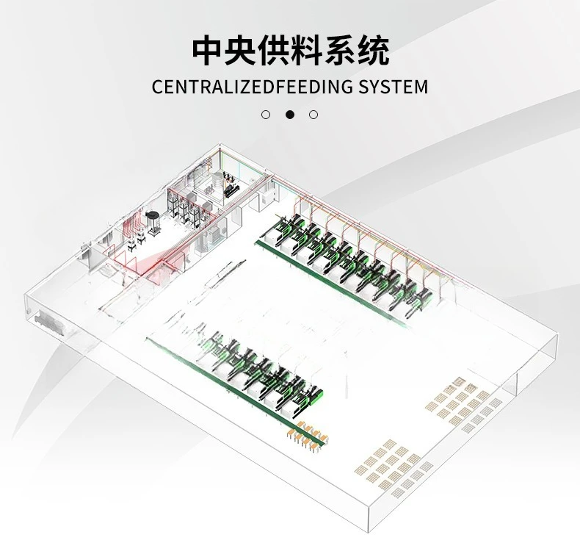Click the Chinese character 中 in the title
209,50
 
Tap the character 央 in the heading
242,50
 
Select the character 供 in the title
275,50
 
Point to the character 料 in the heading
308,50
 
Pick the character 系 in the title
341,50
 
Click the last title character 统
374,50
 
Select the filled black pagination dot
290,115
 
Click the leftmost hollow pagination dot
266,115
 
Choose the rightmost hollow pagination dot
313,115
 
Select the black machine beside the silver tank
231,190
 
